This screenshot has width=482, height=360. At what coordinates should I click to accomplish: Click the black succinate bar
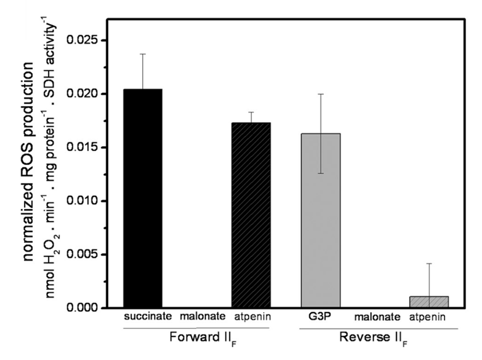tap(143, 199)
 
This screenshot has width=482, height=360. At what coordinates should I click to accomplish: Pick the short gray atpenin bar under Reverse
tap(429, 302)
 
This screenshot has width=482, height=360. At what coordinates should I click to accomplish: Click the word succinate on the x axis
tap(147, 317)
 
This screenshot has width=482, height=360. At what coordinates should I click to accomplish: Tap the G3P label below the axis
tap(320, 317)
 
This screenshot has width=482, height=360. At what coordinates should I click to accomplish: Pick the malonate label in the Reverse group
tap(377, 317)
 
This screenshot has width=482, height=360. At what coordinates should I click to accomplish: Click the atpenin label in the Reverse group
tap(427, 317)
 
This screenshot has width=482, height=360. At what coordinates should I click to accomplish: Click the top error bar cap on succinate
tap(143, 54)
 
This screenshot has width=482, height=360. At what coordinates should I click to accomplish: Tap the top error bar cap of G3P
tap(320, 94)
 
